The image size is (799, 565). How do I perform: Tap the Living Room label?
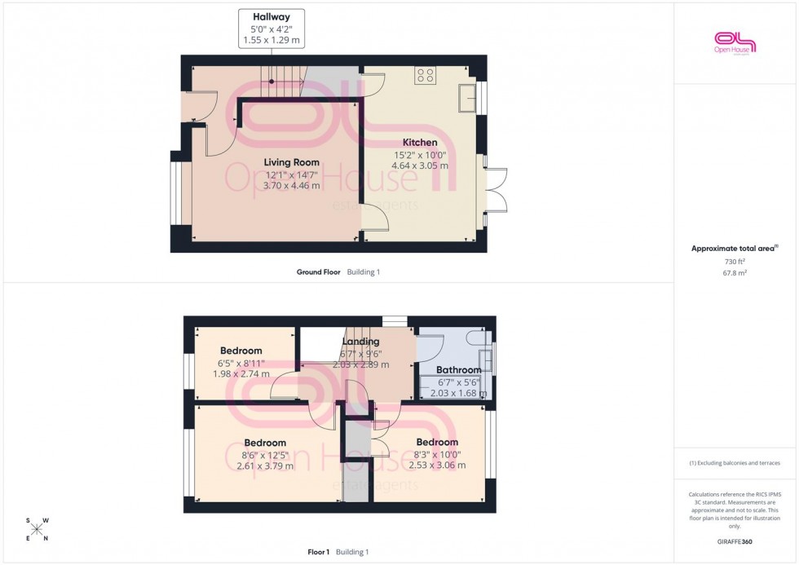point(292,163)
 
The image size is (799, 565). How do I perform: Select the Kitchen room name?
point(420,143)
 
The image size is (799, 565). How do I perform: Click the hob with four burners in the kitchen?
point(425,75)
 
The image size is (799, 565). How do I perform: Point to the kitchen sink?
point(467,98)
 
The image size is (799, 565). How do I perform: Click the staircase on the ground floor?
point(285,81)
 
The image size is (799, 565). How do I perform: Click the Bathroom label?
point(458,370)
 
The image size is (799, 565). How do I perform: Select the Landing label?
point(360,342)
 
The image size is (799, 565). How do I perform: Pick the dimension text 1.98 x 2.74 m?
point(241,374)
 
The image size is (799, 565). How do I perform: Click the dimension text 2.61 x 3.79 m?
point(264,466)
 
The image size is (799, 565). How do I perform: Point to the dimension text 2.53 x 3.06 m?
point(437,466)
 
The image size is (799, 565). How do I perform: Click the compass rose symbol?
point(38,529)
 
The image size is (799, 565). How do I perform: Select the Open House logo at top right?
point(735,42)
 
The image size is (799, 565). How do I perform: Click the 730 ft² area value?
point(735,261)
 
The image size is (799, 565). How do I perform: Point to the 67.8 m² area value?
point(735,273)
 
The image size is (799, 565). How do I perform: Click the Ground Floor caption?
point(318,272)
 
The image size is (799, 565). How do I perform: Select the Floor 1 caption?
point(318,552)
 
